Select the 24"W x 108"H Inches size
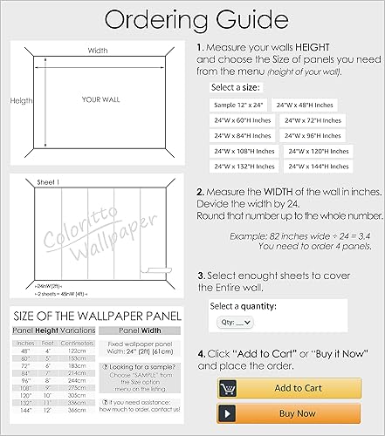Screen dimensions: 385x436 click(x=244, y=151)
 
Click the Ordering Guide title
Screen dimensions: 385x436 click(x=191, y=18)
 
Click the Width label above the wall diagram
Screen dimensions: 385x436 click(x=98, y=51)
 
